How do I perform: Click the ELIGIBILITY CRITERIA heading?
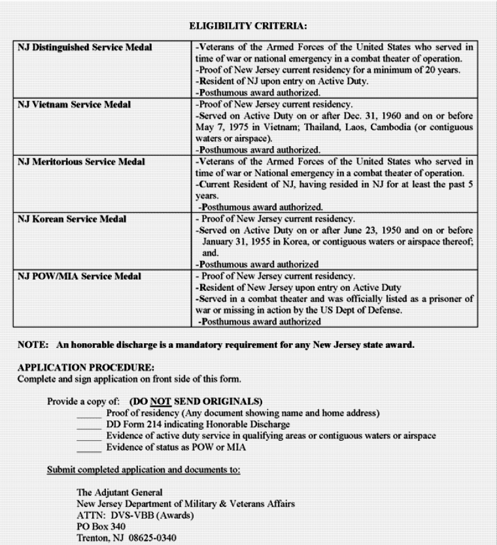pos(248,26)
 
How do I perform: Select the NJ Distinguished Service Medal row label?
pos(85,48)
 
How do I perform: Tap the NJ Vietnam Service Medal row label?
pos(74,105)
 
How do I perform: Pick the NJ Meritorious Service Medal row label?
pos(81,162)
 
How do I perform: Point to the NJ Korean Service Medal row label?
pos(72,219)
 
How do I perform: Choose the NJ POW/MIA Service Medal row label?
pos(78,276)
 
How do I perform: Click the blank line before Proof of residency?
pos(89,415)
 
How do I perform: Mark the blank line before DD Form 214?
pos(89,426)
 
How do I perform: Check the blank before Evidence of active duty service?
pos(89,437)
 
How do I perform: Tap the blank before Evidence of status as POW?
pos(89,448)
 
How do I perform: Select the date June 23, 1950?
pos(343,230)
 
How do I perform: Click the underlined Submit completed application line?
pos(143,470)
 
